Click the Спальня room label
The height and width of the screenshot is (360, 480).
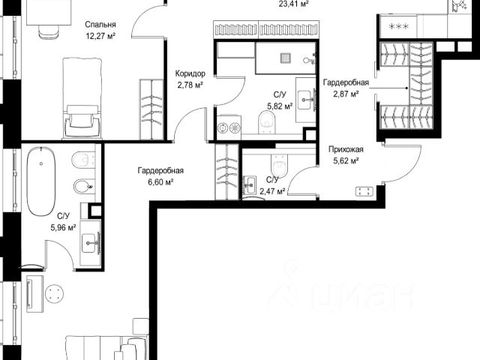click(100, 25)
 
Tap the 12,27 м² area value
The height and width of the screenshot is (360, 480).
click(100, 36)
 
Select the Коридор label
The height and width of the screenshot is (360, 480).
click(190, 73)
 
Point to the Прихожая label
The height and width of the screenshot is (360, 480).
click(346, 149)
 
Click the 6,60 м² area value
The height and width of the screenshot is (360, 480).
click(160, 182)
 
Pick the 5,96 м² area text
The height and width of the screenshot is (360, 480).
click(63, 228)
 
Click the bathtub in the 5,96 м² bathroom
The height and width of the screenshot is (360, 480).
click(41, 181)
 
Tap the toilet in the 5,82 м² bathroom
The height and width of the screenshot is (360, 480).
click(267, 121)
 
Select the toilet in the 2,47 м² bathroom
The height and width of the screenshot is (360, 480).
click(279, 166)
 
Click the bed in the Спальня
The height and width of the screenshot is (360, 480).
click(82, 98)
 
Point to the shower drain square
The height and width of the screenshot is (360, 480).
click(286, 58)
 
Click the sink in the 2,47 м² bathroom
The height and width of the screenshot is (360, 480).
click(250, 185)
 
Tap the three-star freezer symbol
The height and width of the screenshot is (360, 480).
click(398, 26)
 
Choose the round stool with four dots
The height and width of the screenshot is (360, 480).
click(54, 293)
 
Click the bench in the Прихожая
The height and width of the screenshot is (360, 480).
click(364, 192)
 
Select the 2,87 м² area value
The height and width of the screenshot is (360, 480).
click(346, 94)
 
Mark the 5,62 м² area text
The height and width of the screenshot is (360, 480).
click(346, 160)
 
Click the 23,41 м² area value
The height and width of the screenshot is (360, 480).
click(293, 4)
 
